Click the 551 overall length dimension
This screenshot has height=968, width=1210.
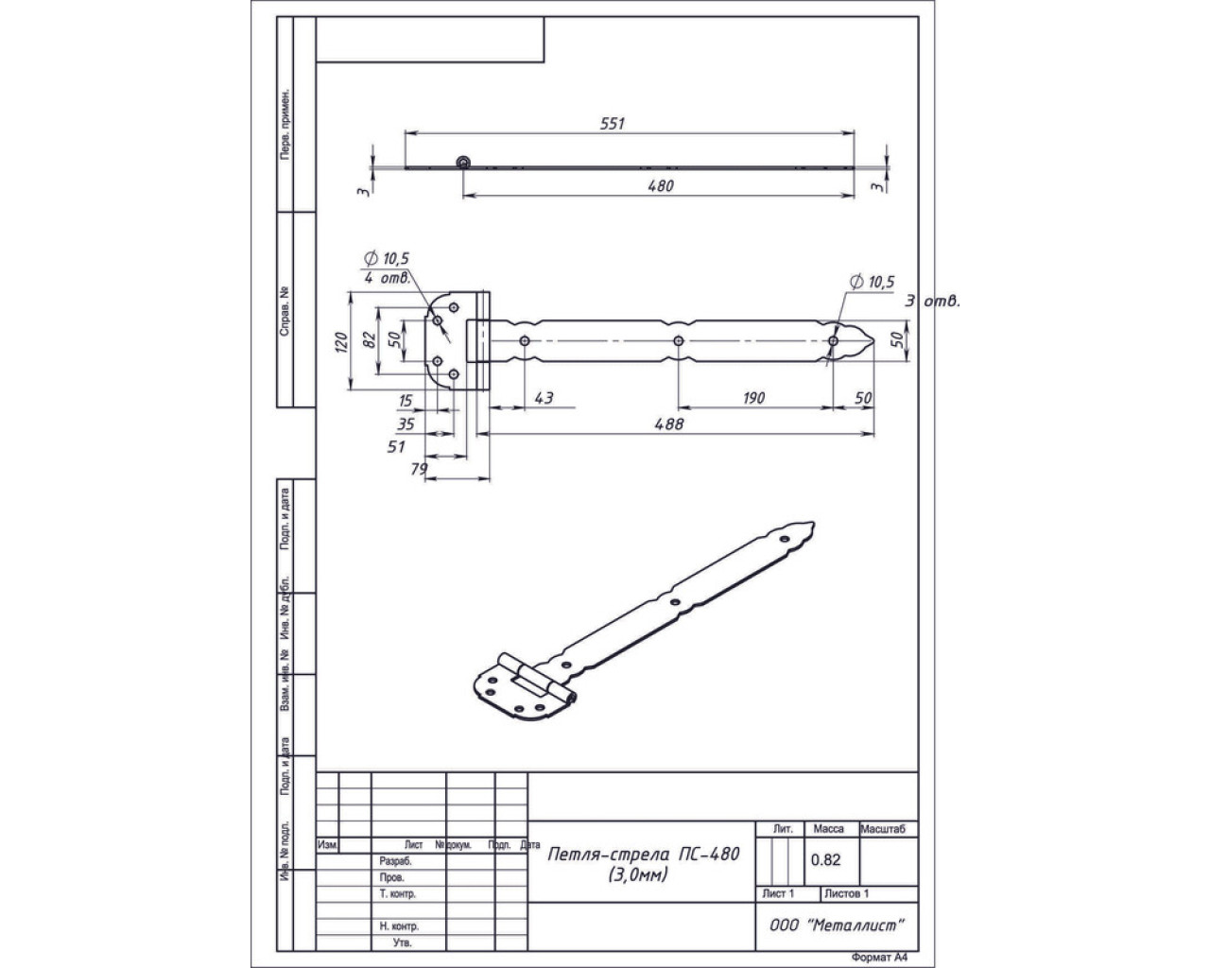point(614,123)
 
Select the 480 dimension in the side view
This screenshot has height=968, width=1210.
point(661,186)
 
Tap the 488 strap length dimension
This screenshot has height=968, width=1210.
point(668,424)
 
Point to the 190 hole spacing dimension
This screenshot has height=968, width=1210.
point(752,398)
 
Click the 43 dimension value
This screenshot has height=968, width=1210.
point(544,398)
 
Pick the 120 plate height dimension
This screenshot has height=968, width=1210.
point(341,341)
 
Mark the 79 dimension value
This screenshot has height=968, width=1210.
point(419,469)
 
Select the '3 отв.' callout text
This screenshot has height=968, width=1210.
point(932,302)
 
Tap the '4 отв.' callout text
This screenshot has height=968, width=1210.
point(386,278)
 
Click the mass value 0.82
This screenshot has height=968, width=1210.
point(825,859)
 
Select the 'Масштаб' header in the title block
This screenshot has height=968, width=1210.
point(888,829)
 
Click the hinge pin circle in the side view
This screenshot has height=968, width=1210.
point(462,163)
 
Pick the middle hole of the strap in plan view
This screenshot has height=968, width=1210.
point(678,341)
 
